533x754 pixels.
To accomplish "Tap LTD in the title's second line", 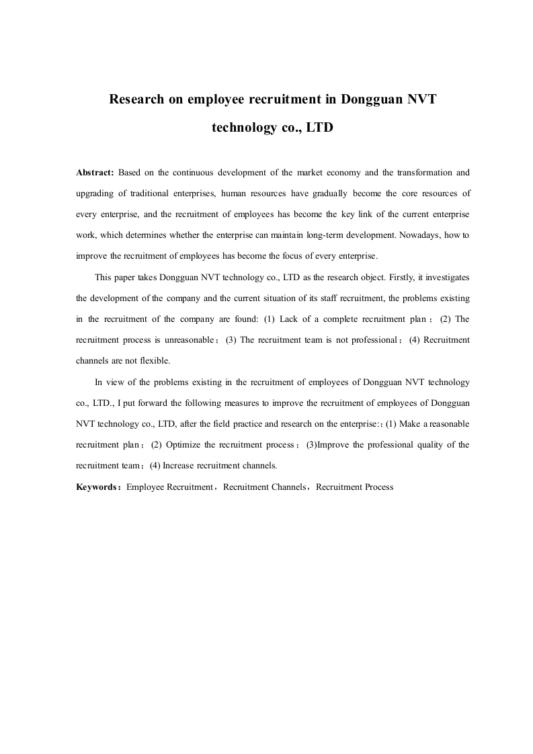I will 320,126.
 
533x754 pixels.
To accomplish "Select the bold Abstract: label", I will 95,173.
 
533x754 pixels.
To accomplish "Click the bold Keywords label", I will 97,487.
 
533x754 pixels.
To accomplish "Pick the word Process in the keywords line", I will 379,487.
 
